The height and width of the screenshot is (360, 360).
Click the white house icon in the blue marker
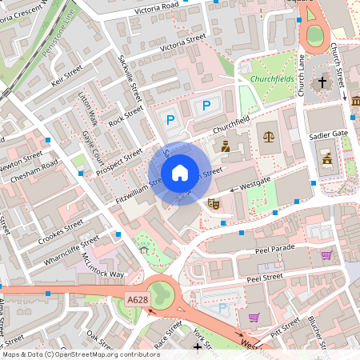coord(179,173)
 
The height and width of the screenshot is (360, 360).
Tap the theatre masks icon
coord(214,204)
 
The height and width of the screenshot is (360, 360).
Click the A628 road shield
coord(138,299)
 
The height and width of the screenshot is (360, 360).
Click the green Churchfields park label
coord(272,78)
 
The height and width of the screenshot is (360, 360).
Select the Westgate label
coord(256,185)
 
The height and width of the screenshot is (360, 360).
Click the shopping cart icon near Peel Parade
coord(326,255)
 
